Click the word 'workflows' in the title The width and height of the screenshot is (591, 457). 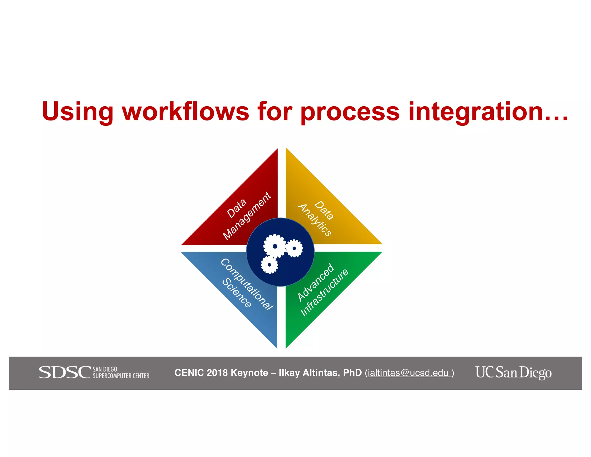tap(185, 112)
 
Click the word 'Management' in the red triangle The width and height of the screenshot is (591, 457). tap(247, 216)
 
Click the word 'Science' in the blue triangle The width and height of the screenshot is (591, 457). tap(237, 293)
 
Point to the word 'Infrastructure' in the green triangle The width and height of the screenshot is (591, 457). tap(324, 292)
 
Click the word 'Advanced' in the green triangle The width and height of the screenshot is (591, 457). tap(316, 282)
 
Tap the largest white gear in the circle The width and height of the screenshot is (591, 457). tap(275, 246)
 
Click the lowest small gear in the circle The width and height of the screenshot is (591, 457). tap(269, 265)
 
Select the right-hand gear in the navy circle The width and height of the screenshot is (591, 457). tap(294, 248)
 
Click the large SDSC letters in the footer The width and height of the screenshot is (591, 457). tap(65, 372)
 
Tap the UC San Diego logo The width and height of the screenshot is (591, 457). tap(513, 372)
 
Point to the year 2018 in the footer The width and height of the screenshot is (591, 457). tap(217, 373)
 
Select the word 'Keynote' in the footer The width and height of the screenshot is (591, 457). tap(249, 373)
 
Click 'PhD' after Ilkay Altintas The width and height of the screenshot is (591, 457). tap(352, 373)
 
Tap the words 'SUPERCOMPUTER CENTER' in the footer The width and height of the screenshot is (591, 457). tap(121, 376)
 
